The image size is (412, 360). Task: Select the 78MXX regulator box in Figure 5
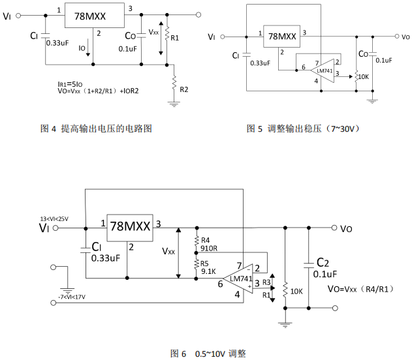(281, 38)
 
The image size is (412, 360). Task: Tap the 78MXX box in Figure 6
(129, 226)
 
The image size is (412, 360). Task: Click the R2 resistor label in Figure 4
(184, 89)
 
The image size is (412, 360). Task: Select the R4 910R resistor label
(210, 244)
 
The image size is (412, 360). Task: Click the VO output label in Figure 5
(405, 38)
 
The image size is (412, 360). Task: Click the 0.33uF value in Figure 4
(58, 43)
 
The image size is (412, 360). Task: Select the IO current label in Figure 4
(82, 48)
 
